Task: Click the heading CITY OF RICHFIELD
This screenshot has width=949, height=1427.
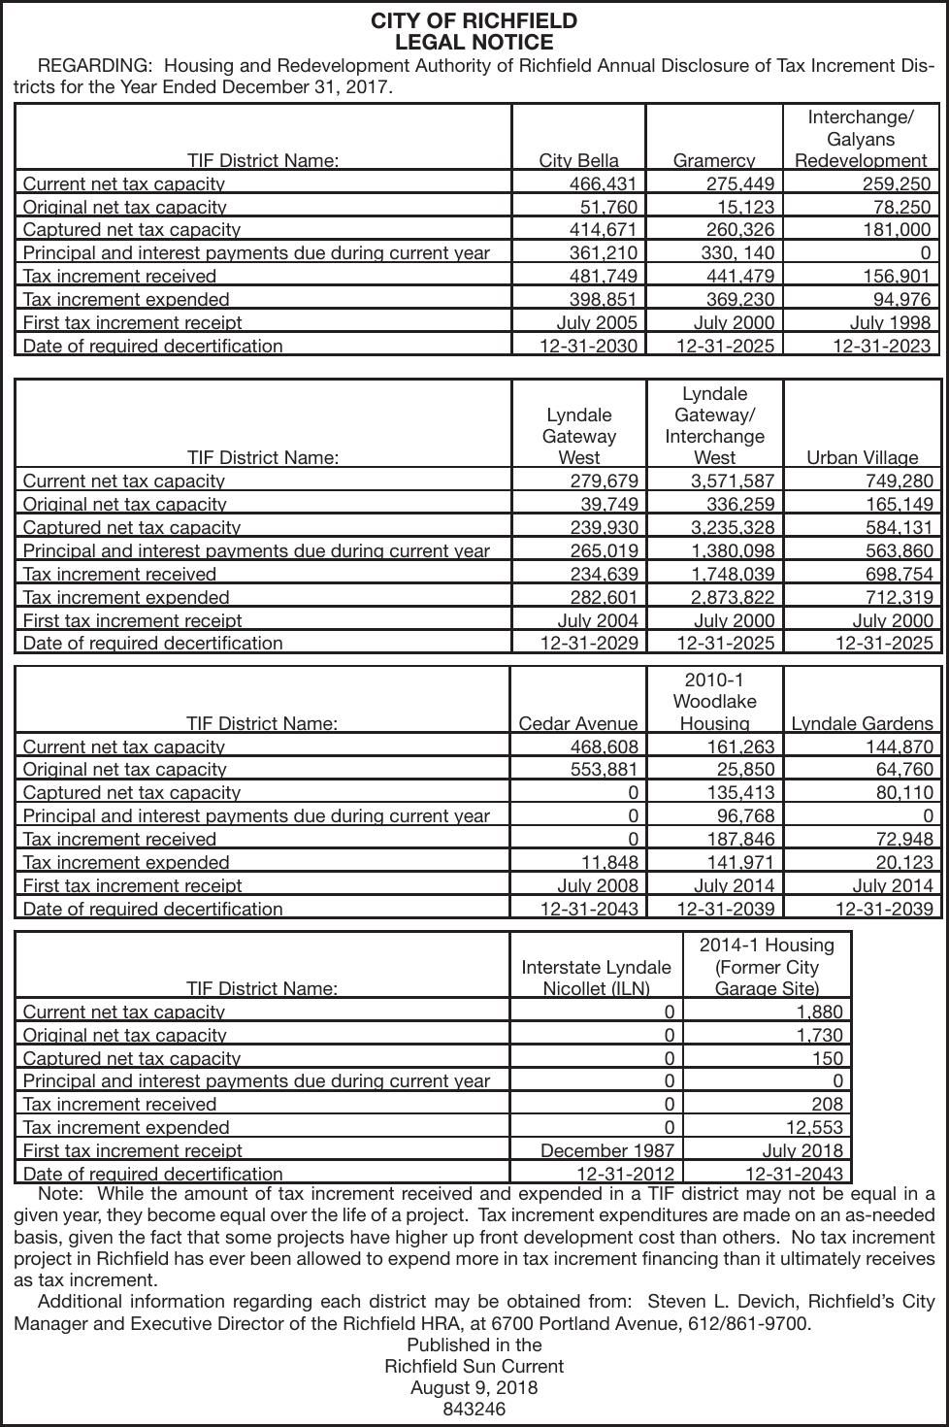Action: click(x=474, y=21)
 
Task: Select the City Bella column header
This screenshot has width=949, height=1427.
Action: click(x=578, y=160)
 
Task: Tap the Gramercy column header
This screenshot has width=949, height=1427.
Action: click(x=713, y=160)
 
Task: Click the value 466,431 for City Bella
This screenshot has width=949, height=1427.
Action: click(x=603, y=183)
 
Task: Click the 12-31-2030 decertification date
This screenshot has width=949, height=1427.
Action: click(x=589, y=346)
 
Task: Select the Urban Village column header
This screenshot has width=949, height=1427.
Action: click(x=862, y=457)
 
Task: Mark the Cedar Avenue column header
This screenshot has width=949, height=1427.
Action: click(x=578, y=723)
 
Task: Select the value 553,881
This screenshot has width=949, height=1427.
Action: click(x=603, y=769)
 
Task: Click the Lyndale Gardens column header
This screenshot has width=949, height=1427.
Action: click(x=862, y=723)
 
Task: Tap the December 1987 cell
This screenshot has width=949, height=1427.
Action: click(x=607, y=1150)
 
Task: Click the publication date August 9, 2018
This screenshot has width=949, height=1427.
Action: click(x=474, y=1387)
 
